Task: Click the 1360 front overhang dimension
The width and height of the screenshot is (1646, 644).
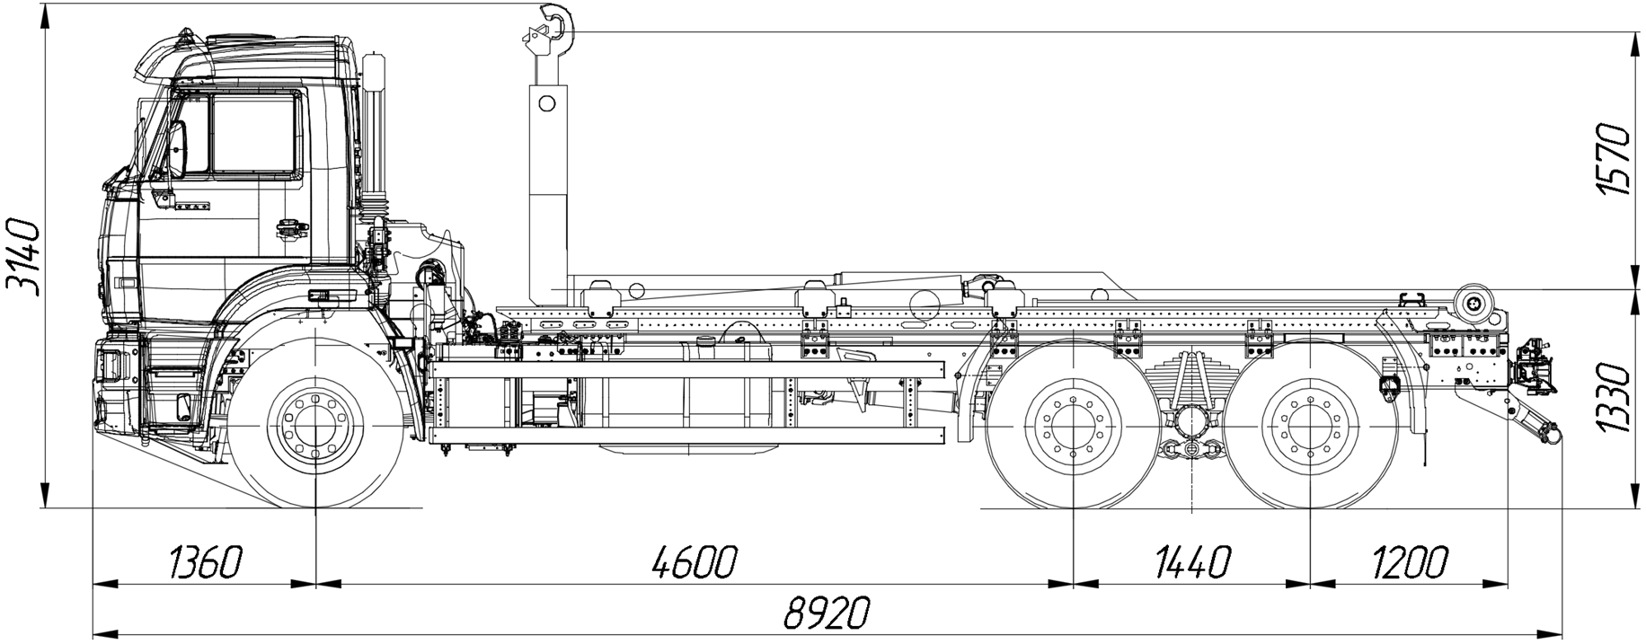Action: pos(205,563)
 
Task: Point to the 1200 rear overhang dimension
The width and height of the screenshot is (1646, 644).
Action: pos(1409,563)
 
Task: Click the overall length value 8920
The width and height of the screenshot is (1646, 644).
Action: pos(827,614)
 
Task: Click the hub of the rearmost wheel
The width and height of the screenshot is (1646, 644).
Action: pos(1307,425)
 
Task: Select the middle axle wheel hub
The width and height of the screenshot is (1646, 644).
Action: pos(1074,425)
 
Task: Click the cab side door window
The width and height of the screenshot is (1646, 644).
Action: pos(253,135)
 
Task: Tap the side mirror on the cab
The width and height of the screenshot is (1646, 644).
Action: pos(177,148)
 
